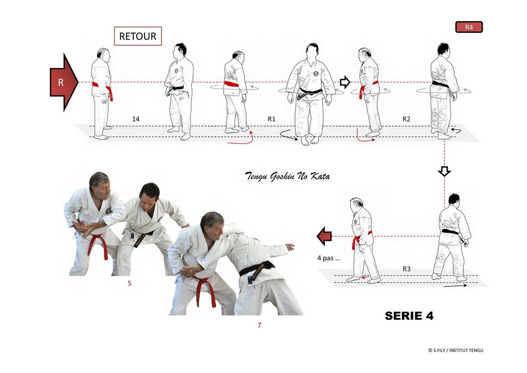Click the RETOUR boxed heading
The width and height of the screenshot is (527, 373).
138,36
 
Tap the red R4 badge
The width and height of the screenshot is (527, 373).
469,27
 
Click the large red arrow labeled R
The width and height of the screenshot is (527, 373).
64,82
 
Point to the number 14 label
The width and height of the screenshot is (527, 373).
136,118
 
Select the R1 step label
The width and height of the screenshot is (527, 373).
272,118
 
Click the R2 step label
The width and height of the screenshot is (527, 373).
407,118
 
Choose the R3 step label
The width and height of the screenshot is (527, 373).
407,269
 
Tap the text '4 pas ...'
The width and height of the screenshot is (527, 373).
328,258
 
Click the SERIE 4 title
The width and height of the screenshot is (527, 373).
409,315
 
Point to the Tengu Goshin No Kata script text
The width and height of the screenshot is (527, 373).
287,176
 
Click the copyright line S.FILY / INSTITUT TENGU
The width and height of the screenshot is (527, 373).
456,350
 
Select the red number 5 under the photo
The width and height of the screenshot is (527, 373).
129,283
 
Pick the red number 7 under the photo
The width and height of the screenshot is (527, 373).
259,325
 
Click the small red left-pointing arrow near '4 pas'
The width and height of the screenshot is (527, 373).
324,236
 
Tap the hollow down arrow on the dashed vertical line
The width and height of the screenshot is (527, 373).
444,171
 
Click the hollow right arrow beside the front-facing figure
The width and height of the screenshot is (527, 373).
345,82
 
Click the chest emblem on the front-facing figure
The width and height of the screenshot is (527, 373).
316,74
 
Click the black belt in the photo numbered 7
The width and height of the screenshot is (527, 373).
257,268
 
